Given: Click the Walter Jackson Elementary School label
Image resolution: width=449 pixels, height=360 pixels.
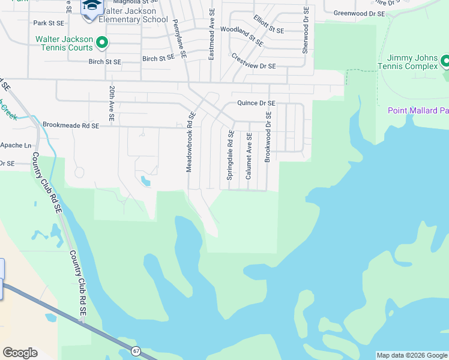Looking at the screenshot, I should tap(133, 15).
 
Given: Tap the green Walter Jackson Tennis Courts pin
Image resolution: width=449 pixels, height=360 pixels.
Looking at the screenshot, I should tap(102, 43).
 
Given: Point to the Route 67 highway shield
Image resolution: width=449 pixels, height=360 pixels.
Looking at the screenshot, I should tap(136, 351).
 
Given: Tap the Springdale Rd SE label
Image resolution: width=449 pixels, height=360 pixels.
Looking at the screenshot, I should tap(230, 156).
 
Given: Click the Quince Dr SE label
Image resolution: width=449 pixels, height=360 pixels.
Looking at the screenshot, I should tap(256, 103).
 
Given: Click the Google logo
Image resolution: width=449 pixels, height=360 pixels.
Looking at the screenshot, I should tap(20, 353).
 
